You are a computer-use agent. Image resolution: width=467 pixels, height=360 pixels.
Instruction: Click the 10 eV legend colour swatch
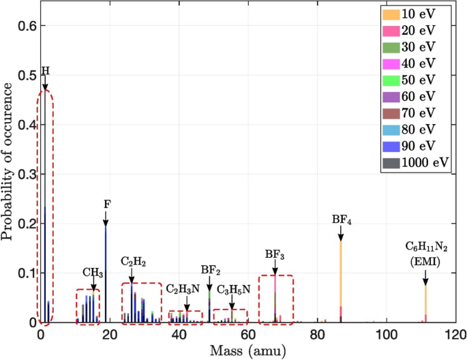pos(395,14)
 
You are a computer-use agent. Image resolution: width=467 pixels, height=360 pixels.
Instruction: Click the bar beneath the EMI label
pos(425,303)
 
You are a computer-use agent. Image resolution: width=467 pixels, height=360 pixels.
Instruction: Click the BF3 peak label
pos(275,255)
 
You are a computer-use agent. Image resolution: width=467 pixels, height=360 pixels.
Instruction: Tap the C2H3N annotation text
pos(183,288)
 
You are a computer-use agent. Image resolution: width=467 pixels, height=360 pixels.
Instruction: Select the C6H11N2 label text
pos(425,247)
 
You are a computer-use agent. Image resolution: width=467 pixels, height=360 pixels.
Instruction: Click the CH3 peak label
pos(93,273)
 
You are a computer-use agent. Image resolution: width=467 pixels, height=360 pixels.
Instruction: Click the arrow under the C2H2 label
pos(132,275)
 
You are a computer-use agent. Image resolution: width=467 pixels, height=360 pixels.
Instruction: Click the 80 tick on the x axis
pos(317,335)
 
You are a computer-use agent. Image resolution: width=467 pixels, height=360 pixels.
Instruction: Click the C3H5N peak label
pos(233,290)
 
